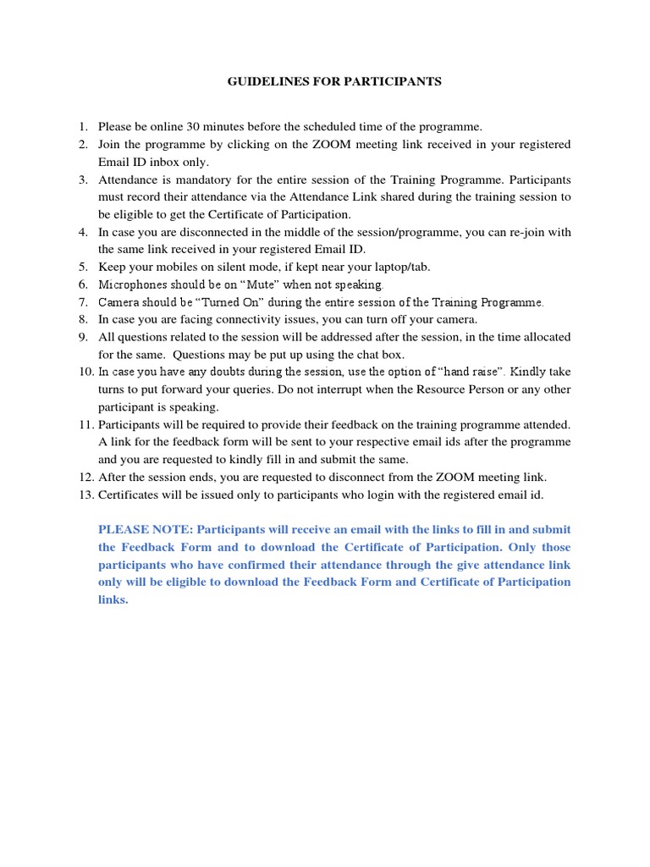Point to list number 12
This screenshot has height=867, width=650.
pyautogui.click(x=84, y=478)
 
